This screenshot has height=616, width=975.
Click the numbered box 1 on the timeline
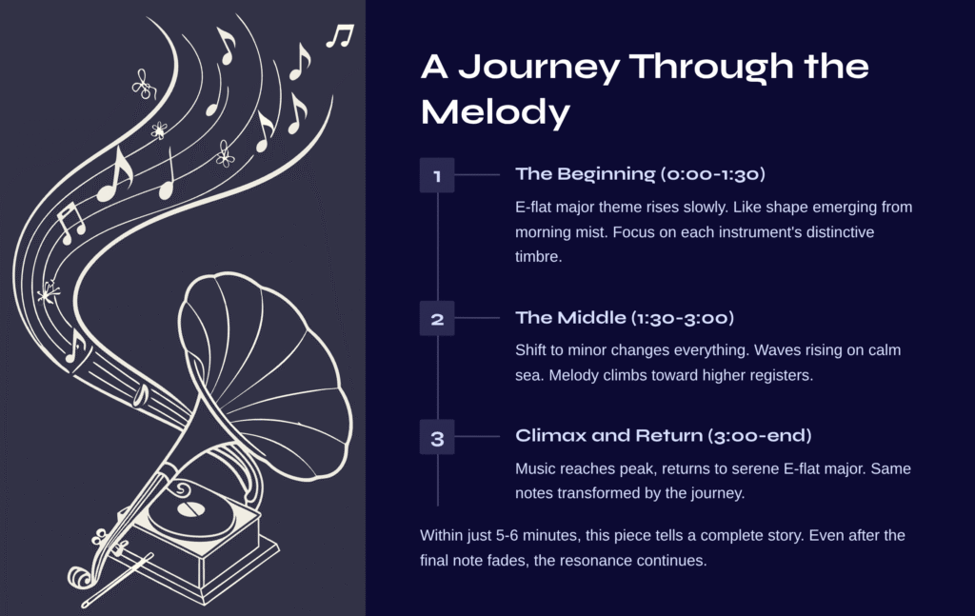(x=437, y=175)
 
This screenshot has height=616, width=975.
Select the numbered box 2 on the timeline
(x=437, y=318)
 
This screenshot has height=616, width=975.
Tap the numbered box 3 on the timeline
(x=437, y=437)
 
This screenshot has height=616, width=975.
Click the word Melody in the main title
(x=495, y=112)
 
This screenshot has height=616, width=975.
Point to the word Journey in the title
(x=539, y=68)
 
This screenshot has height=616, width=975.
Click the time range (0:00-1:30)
(x=712, y=174)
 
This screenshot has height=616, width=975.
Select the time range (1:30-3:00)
(x=683, y=318)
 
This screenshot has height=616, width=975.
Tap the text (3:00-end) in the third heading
(x=759, y=435)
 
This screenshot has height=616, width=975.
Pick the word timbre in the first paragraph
(x=539, y=256)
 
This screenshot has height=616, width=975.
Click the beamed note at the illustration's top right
(x=340, y=35)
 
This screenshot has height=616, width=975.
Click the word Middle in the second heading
(x=591, y=318)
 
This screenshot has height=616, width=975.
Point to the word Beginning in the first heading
(x=607, y=174)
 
